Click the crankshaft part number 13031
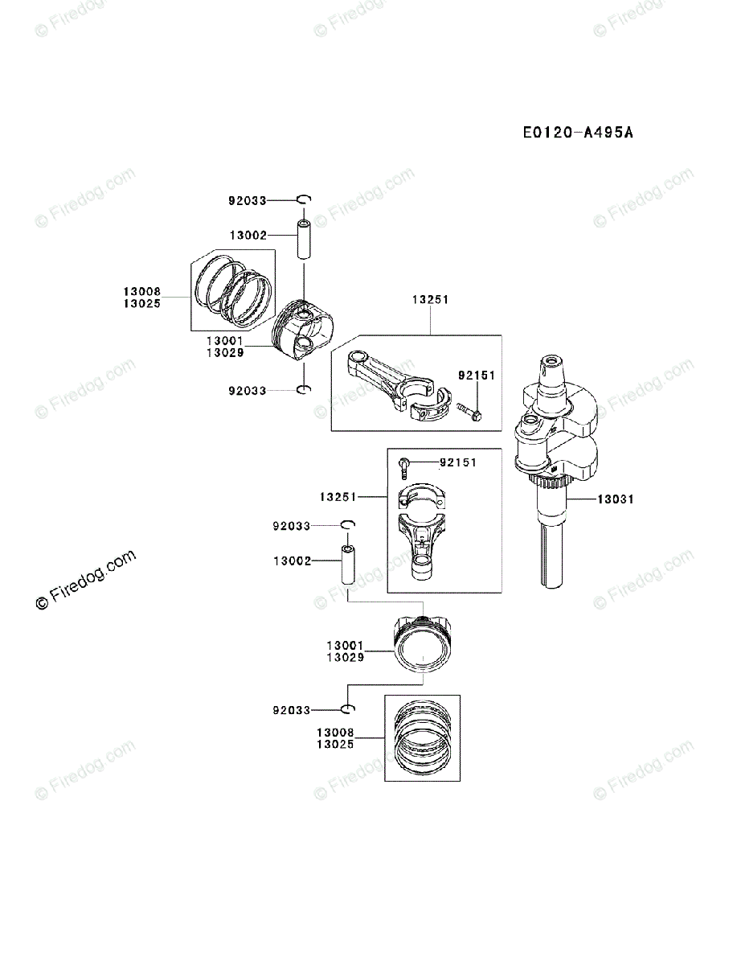pos(615,499)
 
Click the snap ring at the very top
pos(304,199)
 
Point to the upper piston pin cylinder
pos(305,238)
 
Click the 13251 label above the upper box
pos(430,299)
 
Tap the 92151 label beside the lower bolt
pos(458,462)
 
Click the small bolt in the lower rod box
pos(405,466)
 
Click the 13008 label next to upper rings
pos(142,292)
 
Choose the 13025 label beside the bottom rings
pos(335,745)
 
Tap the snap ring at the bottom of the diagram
pos(347,709)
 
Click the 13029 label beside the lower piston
pos(345,657)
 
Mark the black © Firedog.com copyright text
pos(86,581)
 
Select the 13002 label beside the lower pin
pos(293,561)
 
